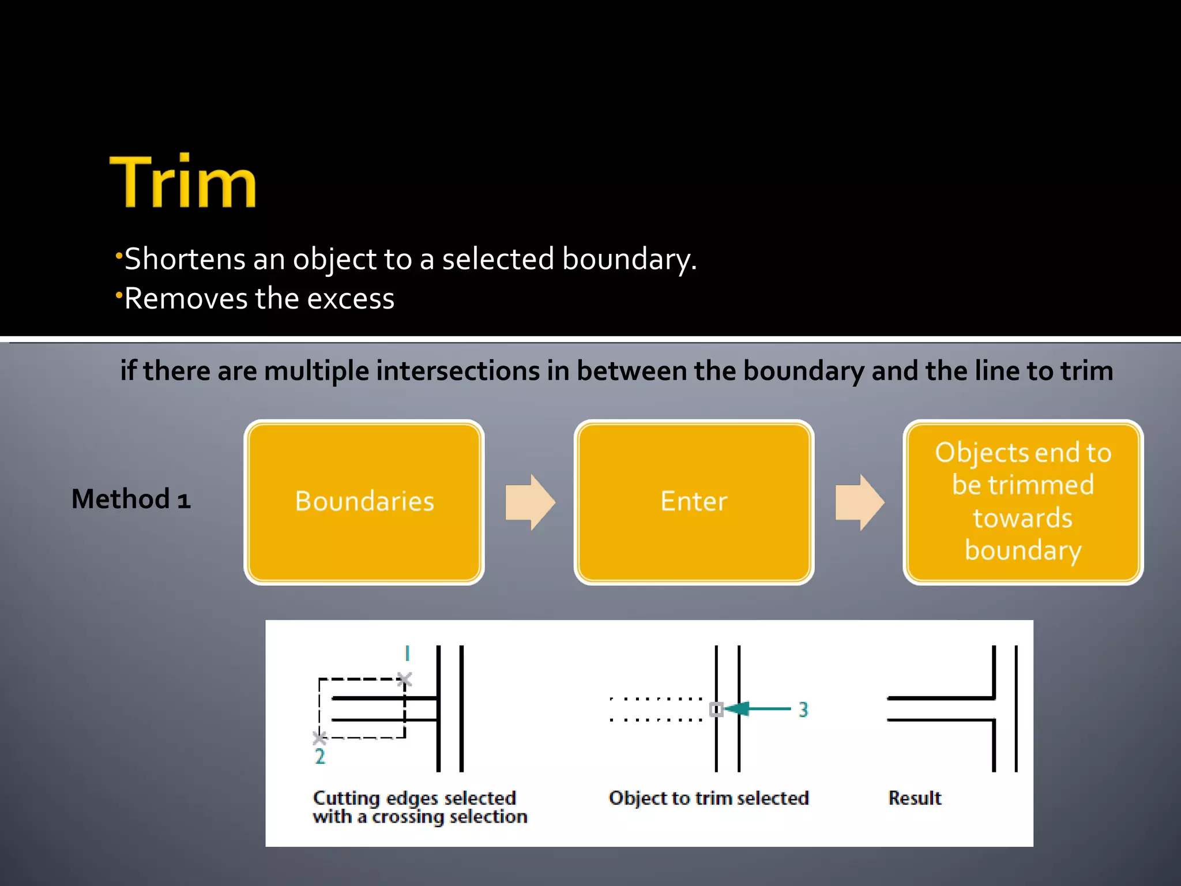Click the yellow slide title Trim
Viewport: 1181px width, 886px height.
pos(183,182)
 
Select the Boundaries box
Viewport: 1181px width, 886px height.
pos(364,501)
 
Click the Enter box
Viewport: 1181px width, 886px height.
pos(694,501)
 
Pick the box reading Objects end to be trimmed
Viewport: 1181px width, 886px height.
pos(1022,501)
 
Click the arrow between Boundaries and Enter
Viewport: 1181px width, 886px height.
pos(529,502)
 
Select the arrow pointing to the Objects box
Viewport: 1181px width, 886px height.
pos(859,502)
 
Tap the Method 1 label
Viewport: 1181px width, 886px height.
pos(131,499)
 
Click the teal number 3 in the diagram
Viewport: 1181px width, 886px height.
pos(803,709)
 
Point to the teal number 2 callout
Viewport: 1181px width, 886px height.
pos(320,756)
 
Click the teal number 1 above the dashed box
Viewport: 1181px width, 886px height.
pos(407,654)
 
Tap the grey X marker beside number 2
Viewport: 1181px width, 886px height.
pos(319,738)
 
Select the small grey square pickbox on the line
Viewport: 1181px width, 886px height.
pos(716,709)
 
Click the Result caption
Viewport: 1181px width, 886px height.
pos(915,798)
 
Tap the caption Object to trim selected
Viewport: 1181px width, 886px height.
pos(709,798)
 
